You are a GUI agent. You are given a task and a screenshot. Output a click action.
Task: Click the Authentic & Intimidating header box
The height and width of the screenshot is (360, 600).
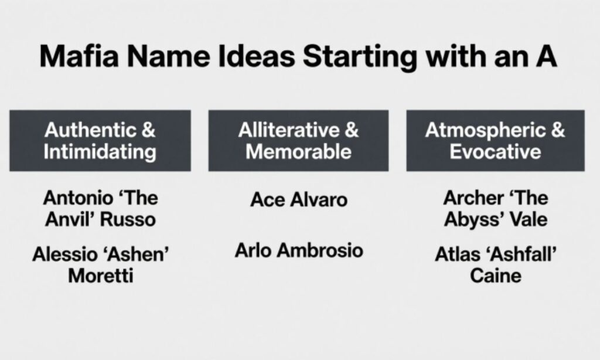(x=100, y=141)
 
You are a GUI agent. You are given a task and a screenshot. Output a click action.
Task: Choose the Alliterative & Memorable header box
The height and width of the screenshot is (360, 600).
(x=298, y=141)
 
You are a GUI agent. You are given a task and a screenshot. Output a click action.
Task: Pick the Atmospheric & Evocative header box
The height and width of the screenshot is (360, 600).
(x=495, y=141)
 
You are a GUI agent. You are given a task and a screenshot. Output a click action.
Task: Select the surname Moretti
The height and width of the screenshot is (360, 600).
(x=100, y=276)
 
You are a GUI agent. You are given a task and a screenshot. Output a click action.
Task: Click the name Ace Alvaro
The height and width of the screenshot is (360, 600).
(x=299, y=200)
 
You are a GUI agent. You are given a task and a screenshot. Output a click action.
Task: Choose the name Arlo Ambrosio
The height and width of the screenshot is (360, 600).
(x=299, y=251)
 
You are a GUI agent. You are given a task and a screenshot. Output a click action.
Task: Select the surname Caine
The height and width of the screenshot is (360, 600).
(x=495, y=276)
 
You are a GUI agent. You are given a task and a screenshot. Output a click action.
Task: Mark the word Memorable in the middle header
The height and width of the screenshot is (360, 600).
(x=298, y=152)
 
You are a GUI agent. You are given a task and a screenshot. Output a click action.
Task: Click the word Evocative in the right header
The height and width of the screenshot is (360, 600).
(x=495, y=152)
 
